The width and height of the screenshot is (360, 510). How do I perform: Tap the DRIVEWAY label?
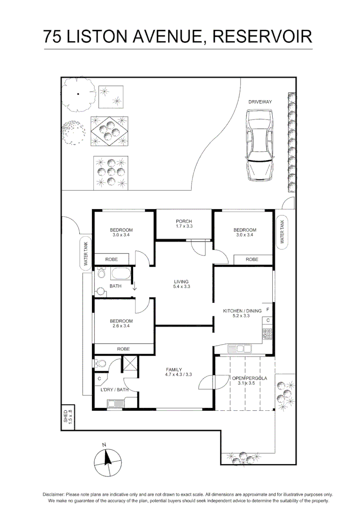tap(260, 102)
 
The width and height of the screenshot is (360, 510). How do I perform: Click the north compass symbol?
tap(107, 461)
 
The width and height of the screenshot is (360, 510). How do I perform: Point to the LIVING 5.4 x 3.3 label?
tap(182, 284)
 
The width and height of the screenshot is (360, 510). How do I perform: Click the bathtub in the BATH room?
tap(121, 274)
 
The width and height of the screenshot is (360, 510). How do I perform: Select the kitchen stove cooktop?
tap(268, 334)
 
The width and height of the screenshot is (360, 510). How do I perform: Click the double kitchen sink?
tap(240, 349)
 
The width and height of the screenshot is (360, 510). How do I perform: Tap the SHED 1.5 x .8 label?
tap(68, 418)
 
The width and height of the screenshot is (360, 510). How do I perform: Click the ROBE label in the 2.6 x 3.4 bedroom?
tap(124, 348)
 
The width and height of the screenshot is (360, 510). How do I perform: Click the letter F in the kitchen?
tap(268, 310)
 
